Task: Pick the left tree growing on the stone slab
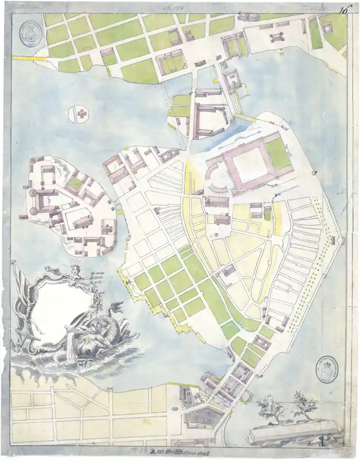[x=270, y=408]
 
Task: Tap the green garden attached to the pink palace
[x=278, y=153]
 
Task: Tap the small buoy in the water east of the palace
[x=315, y=173]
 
